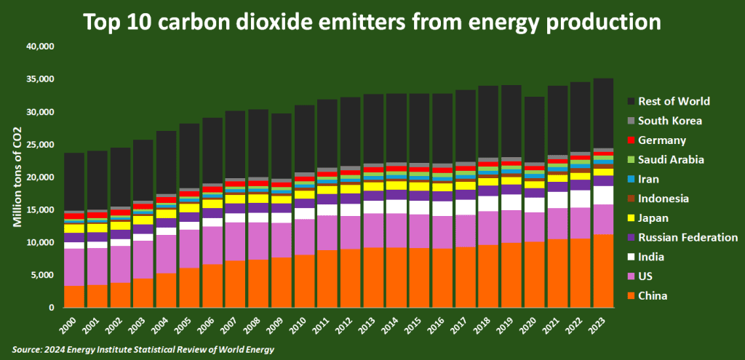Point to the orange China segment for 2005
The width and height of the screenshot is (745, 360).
189,287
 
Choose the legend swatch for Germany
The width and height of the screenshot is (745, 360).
631,140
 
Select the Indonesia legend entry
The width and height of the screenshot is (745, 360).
666,199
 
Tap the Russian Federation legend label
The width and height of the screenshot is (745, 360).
688,238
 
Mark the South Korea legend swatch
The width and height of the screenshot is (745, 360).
631,121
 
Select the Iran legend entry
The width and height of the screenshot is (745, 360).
650,179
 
